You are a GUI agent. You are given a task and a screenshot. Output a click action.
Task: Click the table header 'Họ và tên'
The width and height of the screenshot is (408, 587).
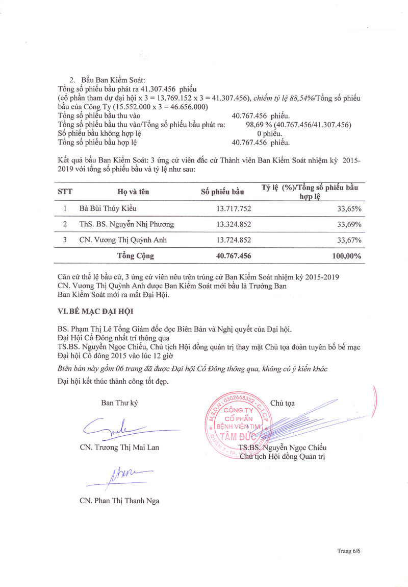point(133,192)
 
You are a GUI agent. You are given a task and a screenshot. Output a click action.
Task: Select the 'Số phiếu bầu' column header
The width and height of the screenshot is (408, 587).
point(222,192)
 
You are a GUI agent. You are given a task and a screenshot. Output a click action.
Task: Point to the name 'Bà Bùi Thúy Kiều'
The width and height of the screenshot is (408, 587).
point(108,208)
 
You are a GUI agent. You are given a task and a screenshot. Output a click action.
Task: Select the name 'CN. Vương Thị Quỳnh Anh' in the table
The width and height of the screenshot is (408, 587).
point(123,240)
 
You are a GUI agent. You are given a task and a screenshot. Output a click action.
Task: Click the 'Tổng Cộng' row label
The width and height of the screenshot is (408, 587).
point(136,256)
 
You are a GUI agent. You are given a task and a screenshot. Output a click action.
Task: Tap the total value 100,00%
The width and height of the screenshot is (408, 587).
point(346,256)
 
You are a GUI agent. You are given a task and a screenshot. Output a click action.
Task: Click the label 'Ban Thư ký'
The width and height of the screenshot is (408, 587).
point(119,403)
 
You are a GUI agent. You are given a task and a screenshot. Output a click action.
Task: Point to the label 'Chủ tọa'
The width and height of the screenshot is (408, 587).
point(283,403)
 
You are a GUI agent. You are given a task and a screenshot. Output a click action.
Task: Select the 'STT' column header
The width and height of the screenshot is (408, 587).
point(65,192)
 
